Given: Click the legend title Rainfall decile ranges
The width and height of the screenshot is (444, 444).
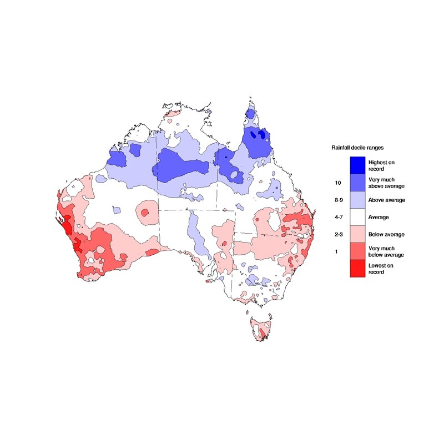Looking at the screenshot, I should click(358, 148).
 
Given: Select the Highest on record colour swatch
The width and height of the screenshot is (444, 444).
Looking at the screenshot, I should click(357, 165).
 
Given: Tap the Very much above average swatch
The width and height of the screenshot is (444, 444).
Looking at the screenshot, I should click(357, 182).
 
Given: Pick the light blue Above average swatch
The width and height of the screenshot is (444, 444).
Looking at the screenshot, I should click(357, 199).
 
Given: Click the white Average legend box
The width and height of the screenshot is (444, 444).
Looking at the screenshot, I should click(357, 217).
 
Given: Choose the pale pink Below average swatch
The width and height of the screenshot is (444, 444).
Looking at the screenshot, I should click(357, 234).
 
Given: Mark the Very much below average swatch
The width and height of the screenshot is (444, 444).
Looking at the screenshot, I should click(357, 251).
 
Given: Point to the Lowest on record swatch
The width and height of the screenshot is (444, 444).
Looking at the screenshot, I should click(357, 269).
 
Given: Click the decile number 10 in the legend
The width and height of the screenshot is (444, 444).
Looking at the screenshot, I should click(337, 183).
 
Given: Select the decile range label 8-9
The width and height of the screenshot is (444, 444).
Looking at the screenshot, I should click(337, 200).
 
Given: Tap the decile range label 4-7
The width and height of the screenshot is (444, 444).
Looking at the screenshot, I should click(337, 217).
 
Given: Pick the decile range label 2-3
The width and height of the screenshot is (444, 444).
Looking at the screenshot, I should click(337, 234).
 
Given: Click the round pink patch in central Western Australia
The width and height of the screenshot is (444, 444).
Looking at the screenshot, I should click(147, 211).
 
